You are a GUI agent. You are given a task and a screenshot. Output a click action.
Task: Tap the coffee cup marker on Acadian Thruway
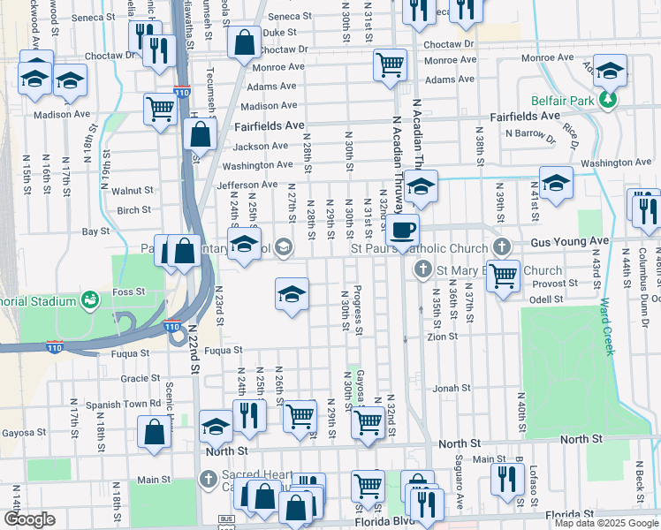[402, 231]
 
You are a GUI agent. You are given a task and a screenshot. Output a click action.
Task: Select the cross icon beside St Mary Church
[422, 269]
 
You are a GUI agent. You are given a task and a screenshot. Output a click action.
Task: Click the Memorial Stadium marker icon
[90, 301]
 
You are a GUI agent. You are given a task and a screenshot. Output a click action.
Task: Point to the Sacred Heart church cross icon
[208, 480]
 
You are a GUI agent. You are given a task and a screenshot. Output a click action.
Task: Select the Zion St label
[442, 337]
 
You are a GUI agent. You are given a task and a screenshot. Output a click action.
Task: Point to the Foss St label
[127, 291]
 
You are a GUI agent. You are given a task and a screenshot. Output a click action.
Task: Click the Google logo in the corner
[29, 519]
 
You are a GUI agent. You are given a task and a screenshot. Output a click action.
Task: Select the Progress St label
[357, 310]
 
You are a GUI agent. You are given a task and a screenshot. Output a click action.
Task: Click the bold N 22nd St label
[192, 352]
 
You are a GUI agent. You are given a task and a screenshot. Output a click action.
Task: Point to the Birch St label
[133, 210]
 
